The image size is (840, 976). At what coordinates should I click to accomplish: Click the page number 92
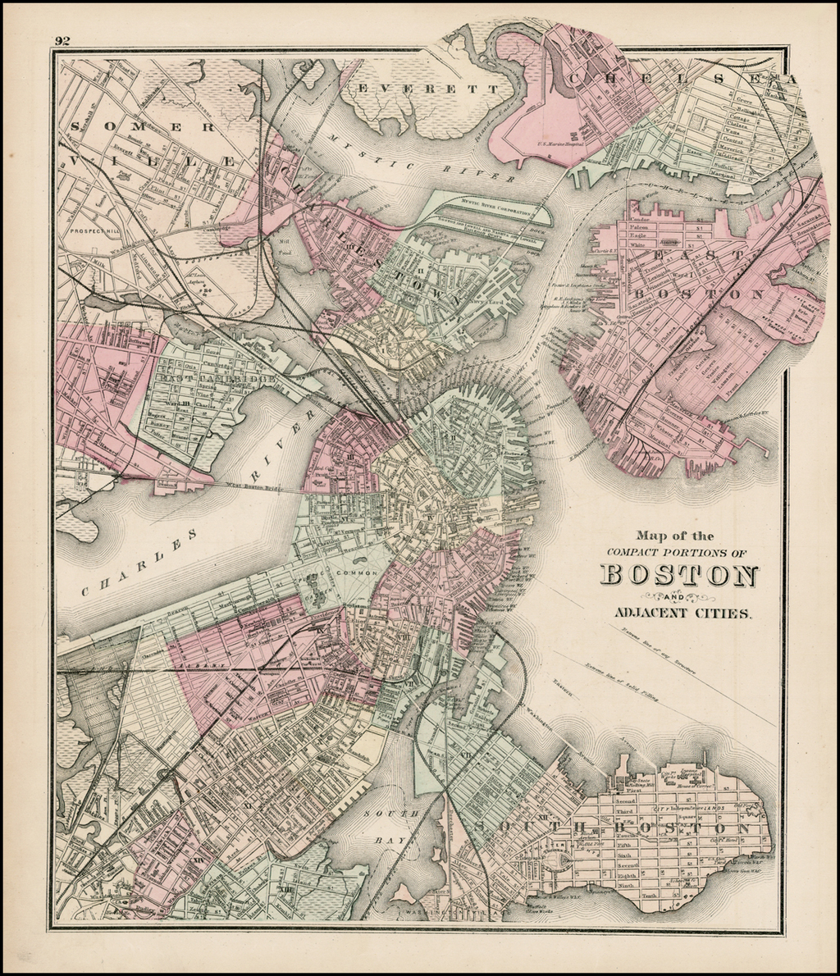(x=63, y=40)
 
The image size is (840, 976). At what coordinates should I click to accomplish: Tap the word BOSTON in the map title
(x=679, y=575)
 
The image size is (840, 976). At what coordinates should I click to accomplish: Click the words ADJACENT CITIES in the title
(x=681, y=613)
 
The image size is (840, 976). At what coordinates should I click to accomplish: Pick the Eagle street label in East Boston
(x=637, y=235)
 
